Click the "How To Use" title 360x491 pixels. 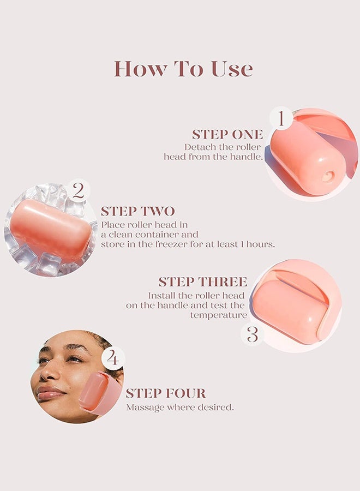pos(183,69)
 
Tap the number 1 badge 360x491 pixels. pos(281,118)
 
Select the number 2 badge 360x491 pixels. pos(78,190)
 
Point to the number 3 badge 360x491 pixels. pos(252,334)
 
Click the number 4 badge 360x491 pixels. pos(113,358)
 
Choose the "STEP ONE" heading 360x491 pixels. pos(227,134)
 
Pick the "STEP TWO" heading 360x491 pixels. pos(137,211)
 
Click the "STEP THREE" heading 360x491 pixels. pos(202,282)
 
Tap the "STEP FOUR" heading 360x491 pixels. pos(166,393)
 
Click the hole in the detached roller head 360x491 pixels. pos(327,176)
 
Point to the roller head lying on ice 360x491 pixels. pos(50,230)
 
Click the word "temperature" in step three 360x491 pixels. pos(218,315)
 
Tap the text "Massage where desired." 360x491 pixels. pos(179,407)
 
